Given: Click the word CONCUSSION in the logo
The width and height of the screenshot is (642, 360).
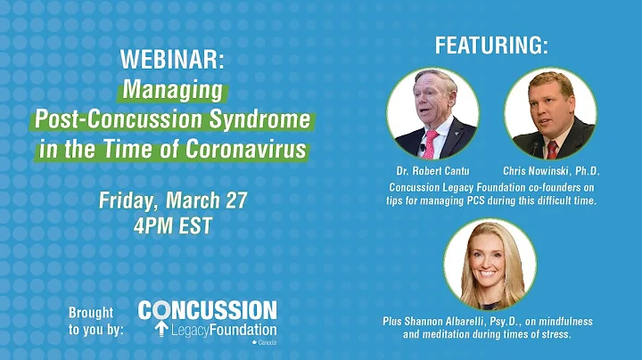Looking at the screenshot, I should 207,310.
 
